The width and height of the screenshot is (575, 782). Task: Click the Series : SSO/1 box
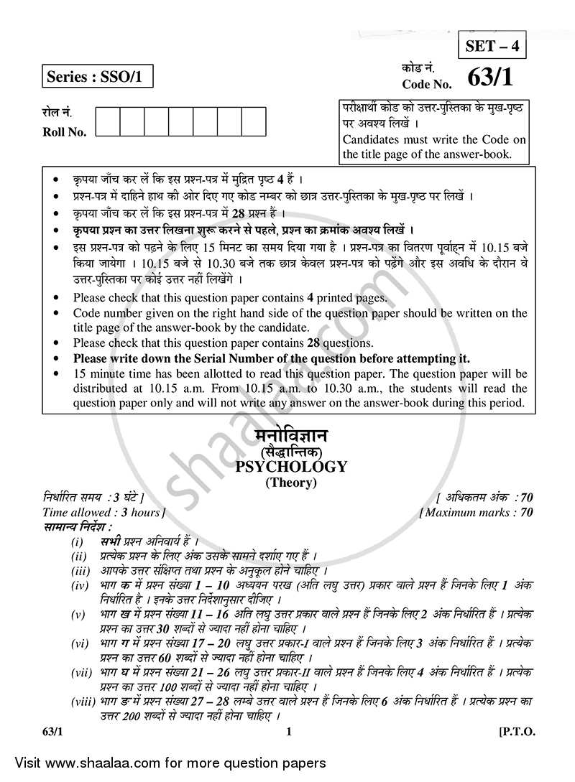[97, 75]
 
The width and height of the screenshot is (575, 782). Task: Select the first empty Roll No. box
[108, 121]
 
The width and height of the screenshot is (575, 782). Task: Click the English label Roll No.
[64, 132]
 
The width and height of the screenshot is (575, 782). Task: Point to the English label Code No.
[427, 84]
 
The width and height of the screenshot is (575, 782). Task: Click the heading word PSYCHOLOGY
[291, 467]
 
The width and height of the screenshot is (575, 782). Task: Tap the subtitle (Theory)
[291, 483]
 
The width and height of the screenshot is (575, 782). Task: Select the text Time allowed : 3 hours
[103, 512]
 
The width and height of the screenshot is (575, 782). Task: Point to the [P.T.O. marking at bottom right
[515, 732]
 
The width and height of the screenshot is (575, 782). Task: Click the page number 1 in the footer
[288, 732]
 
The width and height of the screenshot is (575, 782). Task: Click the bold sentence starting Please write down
[272, 358]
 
